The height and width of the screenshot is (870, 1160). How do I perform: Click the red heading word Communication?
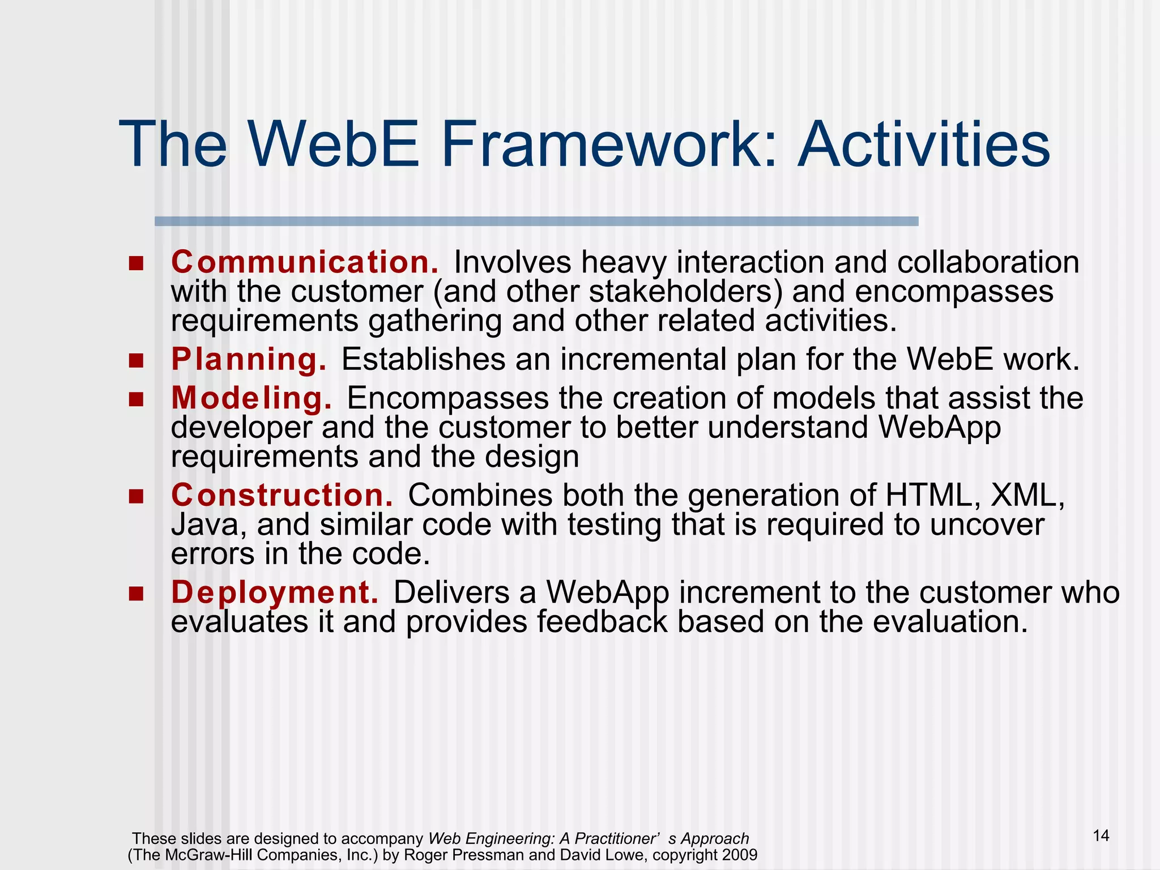point(305,262)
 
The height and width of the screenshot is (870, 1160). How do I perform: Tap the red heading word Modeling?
point(251,398)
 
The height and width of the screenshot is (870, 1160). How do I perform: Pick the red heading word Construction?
point(282,495)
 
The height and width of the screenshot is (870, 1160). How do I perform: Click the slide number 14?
point(1101,835)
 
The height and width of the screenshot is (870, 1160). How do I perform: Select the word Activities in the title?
point(923,144)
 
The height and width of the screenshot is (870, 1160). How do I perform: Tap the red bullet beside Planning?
point(136,360)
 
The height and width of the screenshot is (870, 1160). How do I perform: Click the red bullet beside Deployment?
point(136,594)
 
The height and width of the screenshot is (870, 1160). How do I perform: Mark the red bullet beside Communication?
point(136,263)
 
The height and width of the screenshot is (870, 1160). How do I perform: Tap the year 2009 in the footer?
point(740,855)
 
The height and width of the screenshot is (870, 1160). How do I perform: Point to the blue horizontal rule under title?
point(536,221)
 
